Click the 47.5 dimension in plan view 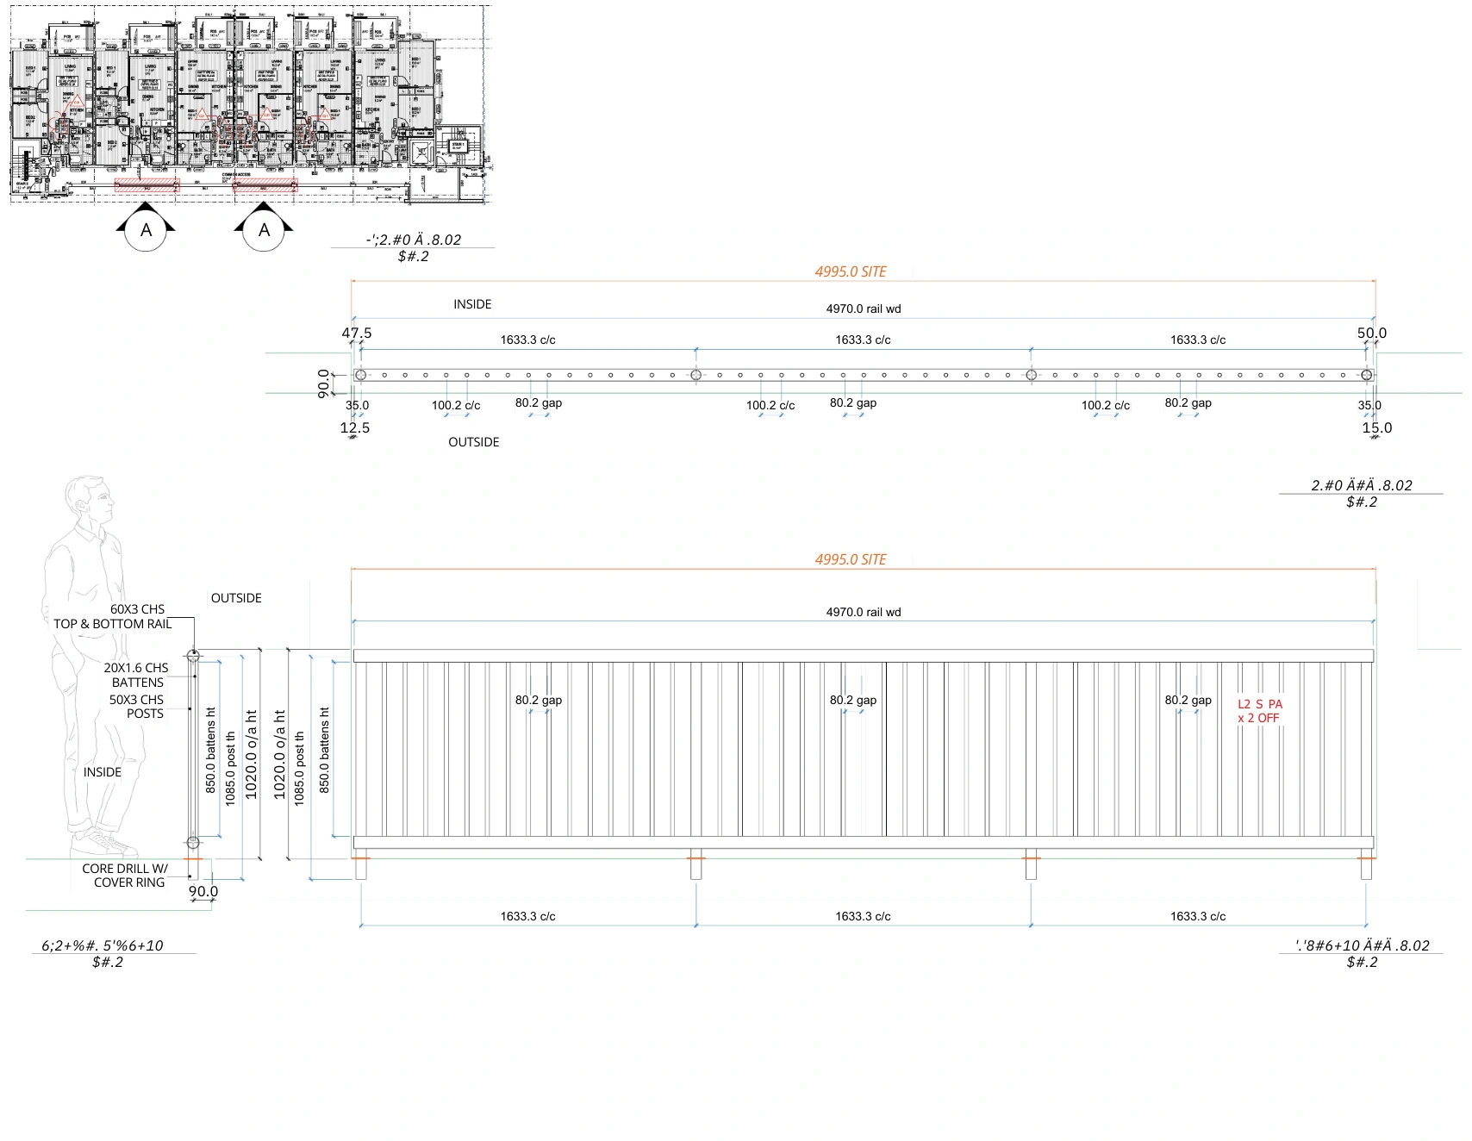pos(357,333)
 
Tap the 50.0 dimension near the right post pos(1371,333)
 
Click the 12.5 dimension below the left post pos(354,427)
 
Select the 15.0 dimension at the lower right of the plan pos(1376,427)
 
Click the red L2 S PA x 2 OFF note pos(1259,711)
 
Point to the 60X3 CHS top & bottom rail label pos(113,616)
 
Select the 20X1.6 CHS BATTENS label pos(136,675)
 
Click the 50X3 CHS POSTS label pos(136,707)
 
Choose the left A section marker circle pos(147,230)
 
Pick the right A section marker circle pos(264,230)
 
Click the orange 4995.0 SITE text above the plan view pos(851,271)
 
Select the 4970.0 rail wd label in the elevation pos(864,612)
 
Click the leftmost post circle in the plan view pos(361,375)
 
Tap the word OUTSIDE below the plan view pos(473,442)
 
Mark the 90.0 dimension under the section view pos(203,892)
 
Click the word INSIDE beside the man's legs pos(103,772)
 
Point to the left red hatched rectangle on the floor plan pos(147,184)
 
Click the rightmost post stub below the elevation pos(1366,868)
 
